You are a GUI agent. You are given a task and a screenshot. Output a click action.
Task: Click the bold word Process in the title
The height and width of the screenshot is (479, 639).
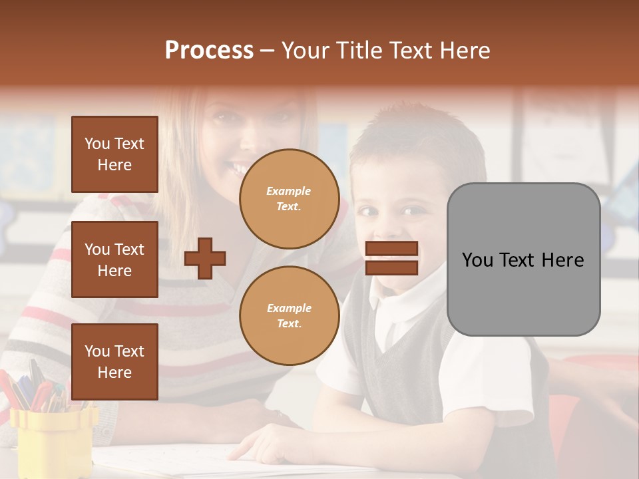(209, 51)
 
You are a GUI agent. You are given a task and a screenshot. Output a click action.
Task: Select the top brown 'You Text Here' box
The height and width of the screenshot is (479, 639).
(114, 154)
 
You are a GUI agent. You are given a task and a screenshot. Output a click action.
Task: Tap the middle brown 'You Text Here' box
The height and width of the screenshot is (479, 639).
(114, 259)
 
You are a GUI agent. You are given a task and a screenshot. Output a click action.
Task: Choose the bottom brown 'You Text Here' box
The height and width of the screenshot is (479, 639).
(114, 362)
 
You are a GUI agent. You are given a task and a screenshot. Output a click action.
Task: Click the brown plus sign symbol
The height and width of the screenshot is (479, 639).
(205, 258)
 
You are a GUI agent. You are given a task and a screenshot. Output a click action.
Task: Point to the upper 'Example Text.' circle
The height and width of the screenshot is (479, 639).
(289, 199)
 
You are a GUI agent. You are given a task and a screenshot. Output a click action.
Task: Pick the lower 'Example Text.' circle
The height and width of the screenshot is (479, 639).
(289, 316)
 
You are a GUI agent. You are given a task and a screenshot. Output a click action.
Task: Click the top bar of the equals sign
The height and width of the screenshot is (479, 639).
(391, 249)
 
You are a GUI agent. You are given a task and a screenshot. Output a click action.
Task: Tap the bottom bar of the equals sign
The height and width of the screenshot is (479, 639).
(391, 268)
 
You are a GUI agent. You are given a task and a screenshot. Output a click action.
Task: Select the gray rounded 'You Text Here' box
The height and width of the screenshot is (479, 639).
(523, 259)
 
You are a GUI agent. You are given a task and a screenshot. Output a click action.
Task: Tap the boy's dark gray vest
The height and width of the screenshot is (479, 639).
(406, 373)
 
